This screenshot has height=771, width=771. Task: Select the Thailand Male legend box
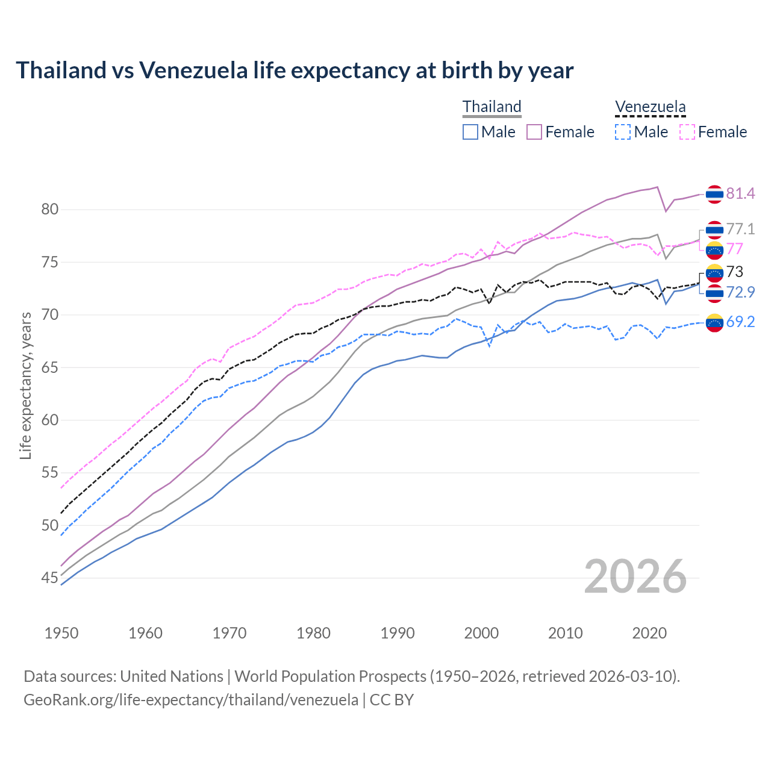pyautogui.click(x=470, y=132)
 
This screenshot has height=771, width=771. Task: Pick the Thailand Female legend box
pyautogui.click(x=534, y=132)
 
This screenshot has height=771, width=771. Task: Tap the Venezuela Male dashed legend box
pyautogui.click(x=623, y=132)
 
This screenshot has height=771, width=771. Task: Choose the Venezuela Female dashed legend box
pyautogui.click(x=687, y=132)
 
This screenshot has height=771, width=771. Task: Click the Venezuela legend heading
pyautogui.click(x=650, y=107)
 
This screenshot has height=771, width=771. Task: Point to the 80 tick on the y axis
pyautogui.click(x=49, y=210)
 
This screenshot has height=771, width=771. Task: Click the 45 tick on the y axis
pyautogui.click(x=49, y=578)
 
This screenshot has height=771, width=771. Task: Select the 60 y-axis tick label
pyautogui.click(x=49, y=420)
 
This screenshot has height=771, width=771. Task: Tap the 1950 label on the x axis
pyautogui.click(x=61, y=633)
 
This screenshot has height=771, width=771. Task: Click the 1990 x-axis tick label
pyautogui.click(x=398, y=633)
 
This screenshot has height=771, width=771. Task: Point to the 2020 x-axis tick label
pyautogui.click(x=649, y=633)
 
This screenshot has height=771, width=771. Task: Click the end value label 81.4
pyautogui.click(x=740, y=193)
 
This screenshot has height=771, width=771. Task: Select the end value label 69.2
pyautogui.click(x=740, y=322)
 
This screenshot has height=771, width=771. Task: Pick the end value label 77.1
pyautogui.click(x=740, y=229)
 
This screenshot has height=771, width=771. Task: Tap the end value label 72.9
pyautogui.click(x=740, y=292)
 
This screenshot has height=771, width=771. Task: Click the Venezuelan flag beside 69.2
pyautogui.click(x=714, y=323)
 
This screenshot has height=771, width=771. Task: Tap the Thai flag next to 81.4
pyautogui.click(x=714, y=194)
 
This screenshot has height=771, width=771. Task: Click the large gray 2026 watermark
pyautogui.click(x=635, y=577)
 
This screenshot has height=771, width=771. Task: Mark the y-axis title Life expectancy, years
pyautogui.click(x=25, y=385)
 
